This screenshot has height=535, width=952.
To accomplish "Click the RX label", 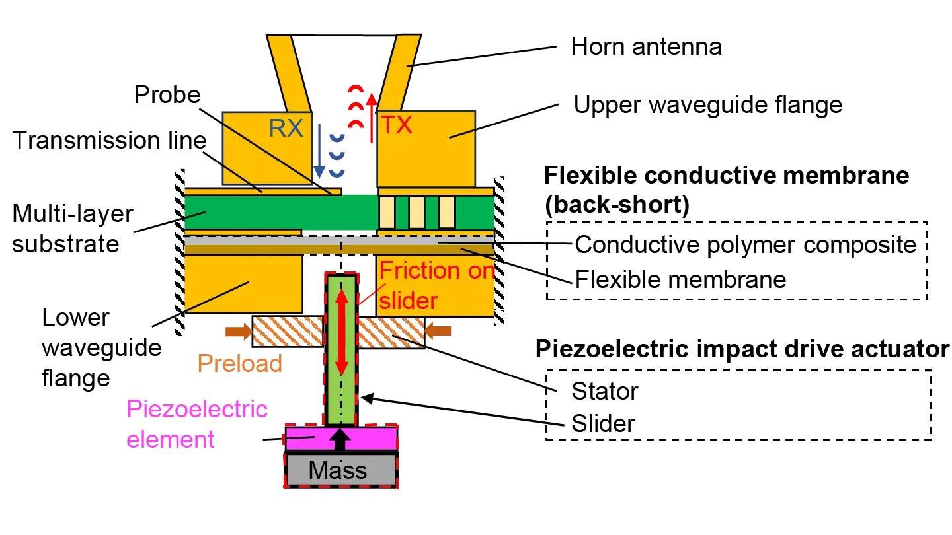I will tap(286, 128).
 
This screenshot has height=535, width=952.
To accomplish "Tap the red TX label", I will tap(396, 125).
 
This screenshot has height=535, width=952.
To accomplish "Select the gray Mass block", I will tap(338, 470).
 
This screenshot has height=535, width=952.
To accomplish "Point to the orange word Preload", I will tap(239, 364).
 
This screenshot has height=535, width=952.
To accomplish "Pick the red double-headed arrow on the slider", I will tap(341, 333).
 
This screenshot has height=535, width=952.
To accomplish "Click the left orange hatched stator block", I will tap(288, 331).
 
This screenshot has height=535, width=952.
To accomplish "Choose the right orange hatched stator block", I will tap(390, 331).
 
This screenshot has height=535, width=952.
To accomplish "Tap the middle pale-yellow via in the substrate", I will tap(416, 212).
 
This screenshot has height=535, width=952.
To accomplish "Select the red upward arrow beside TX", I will tap(372, 119).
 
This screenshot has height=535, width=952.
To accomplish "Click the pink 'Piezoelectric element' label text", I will tap(197, 423).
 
